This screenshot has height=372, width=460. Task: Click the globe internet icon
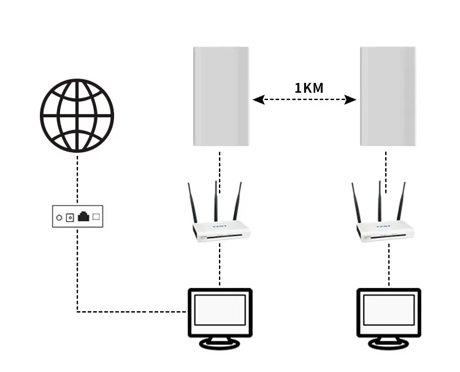pos(77,115)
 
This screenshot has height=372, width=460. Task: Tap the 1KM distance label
pos(309,88)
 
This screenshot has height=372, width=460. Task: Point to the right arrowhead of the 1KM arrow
pos(350,99)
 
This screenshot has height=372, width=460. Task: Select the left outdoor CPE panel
pos(221,96)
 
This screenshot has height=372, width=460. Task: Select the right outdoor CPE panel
pos(388,96)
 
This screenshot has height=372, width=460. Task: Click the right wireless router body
pos(387,230)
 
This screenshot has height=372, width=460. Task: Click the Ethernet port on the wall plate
pos(83,216)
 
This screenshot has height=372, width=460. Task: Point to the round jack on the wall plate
pos(59,217)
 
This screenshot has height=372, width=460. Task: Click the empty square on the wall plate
pos(96,216)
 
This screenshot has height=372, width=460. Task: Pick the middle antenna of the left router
pos(215,200)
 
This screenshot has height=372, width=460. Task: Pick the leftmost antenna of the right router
pos(356,203)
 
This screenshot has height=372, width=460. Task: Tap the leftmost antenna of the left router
pos(191,203)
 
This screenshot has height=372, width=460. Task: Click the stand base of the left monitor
pos(219,344)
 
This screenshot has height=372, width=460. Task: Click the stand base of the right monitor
pos(389,344)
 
